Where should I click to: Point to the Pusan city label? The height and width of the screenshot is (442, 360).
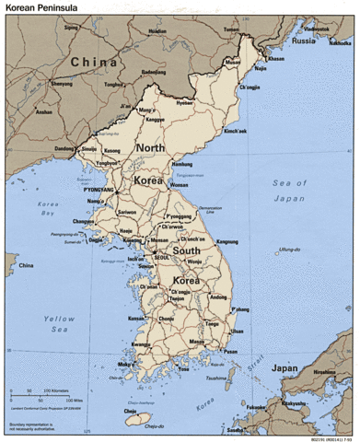(x=229, y=351)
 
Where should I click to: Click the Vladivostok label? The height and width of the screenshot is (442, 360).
(x=317, y=29)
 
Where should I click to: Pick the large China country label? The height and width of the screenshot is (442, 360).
(x=90, y=62)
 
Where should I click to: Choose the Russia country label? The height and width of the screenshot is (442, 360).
(x=303, y=41)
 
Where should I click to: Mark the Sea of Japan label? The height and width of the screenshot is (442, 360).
(x=289, y=191)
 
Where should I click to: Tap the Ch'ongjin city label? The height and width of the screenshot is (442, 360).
(x=250, y=87)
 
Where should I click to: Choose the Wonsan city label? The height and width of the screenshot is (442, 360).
(x=180, y=184)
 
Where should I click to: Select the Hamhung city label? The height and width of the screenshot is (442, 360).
(x=181, y=164)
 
